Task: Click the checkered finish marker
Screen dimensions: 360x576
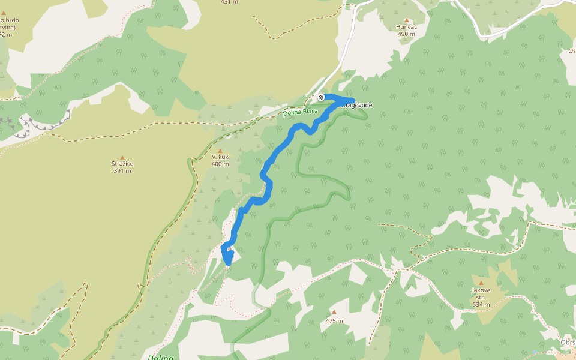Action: pos(321,97)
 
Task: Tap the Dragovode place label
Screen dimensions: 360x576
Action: pos(358,106)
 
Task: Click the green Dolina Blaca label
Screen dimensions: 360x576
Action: pos(301,112)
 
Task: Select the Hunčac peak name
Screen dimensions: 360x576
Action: pos(406,27)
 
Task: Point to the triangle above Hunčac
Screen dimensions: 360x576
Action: pos(406,20)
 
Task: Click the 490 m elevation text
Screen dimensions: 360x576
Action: pos(406,34)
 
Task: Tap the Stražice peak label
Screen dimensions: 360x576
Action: pos(122,164)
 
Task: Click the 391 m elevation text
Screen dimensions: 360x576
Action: pos(122,171)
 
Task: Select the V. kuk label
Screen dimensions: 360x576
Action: pos(220,157)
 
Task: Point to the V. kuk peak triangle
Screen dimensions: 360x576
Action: pos(220,151)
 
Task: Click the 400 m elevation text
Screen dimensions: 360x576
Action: pos(220,164)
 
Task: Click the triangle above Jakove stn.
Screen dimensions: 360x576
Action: pos(481,283)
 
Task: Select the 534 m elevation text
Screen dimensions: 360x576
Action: pos(481,305)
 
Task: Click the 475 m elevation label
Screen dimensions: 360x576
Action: pos(334,321)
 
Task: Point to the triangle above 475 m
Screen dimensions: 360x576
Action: pos(334,313)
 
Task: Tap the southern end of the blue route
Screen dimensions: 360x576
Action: pos(227,262)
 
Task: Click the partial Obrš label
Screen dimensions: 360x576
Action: pos(567,343)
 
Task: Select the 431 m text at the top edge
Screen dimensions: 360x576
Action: pos(229,2)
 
